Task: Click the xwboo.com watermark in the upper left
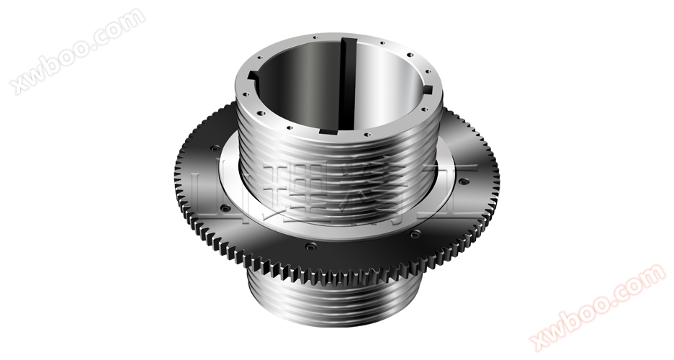[76, 50]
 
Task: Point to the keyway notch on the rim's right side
[431, 89]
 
